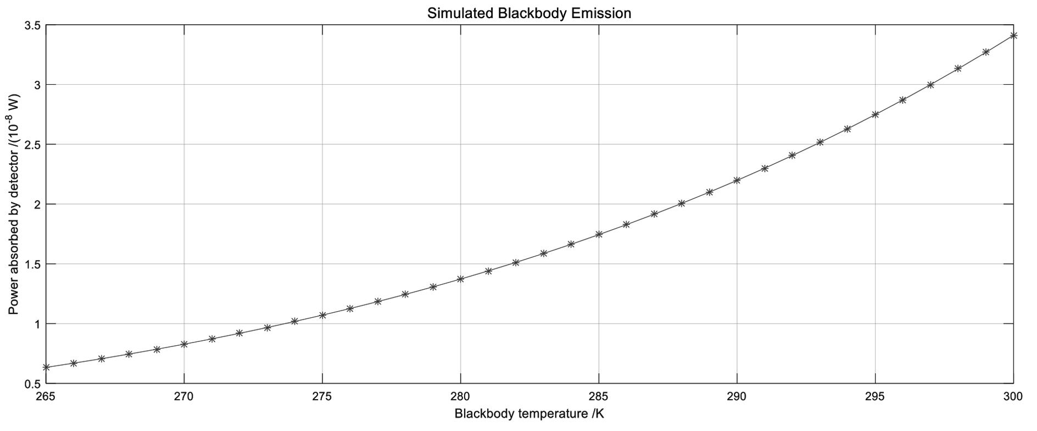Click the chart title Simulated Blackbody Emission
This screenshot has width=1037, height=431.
pos(529,13)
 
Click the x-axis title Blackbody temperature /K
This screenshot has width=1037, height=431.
pos(529,413)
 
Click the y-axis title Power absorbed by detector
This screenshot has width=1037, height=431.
pos(14,204)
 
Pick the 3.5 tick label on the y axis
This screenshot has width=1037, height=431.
pos(31,25)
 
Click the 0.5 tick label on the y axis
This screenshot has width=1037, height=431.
pos(31,384)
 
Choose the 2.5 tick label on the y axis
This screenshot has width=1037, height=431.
pos(31,145)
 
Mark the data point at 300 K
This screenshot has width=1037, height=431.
pos(1013,36)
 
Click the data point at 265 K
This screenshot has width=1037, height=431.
pos(46,367)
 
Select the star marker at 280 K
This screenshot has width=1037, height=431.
pos(460,279)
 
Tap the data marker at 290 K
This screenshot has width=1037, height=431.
pos(737,180)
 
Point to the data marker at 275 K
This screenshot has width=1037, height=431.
pos(322,315)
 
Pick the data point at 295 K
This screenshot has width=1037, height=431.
pos(876,114)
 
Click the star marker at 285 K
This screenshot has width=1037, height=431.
pos(599,234)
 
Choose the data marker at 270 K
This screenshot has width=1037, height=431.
pos(184,344)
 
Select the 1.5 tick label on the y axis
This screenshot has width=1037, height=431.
pos(31,264)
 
